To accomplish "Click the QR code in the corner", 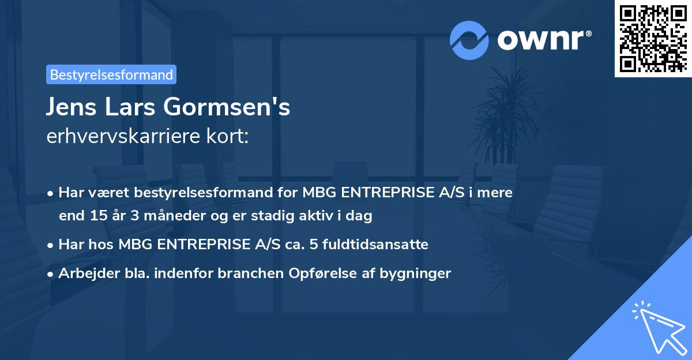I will (x=653, y=38).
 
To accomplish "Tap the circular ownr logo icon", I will (x=469, y=40).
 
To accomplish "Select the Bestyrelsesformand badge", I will (x=111, y=74).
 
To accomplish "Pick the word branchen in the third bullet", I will (x=244, y=273).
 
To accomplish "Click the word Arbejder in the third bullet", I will (x=84, y=273).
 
